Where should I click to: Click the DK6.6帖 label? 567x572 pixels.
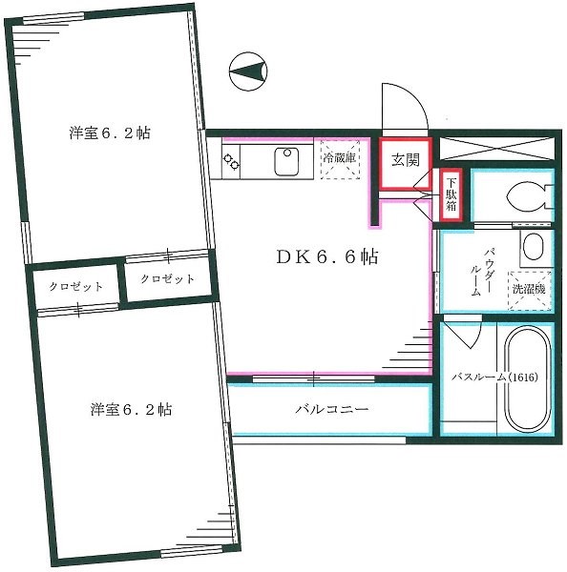314,256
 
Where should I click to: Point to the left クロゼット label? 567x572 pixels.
76,285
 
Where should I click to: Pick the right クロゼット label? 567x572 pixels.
166,279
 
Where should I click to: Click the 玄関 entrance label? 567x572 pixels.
405,159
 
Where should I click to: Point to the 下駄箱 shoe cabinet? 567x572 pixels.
451,195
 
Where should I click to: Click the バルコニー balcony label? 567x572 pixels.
331,410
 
